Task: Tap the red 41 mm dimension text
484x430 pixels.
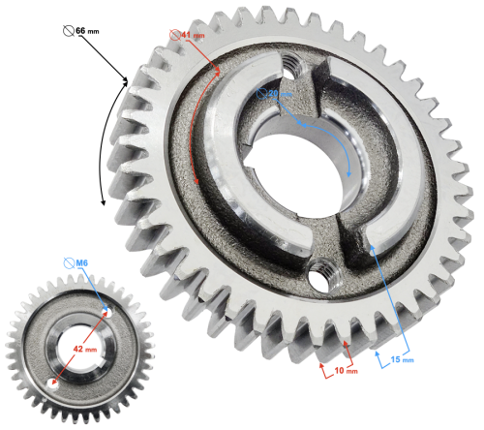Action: pyautogui.click(x=196, y=35)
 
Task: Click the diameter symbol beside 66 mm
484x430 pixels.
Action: pyautogui.click(x=67, y=30)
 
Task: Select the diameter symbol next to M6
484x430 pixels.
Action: pyautogui.click(x=68, y=262)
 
